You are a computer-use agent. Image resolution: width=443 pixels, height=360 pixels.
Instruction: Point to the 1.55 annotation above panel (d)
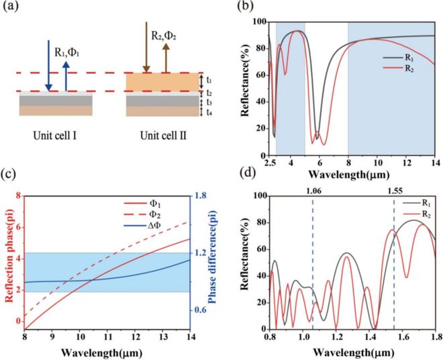coord(393,189)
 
